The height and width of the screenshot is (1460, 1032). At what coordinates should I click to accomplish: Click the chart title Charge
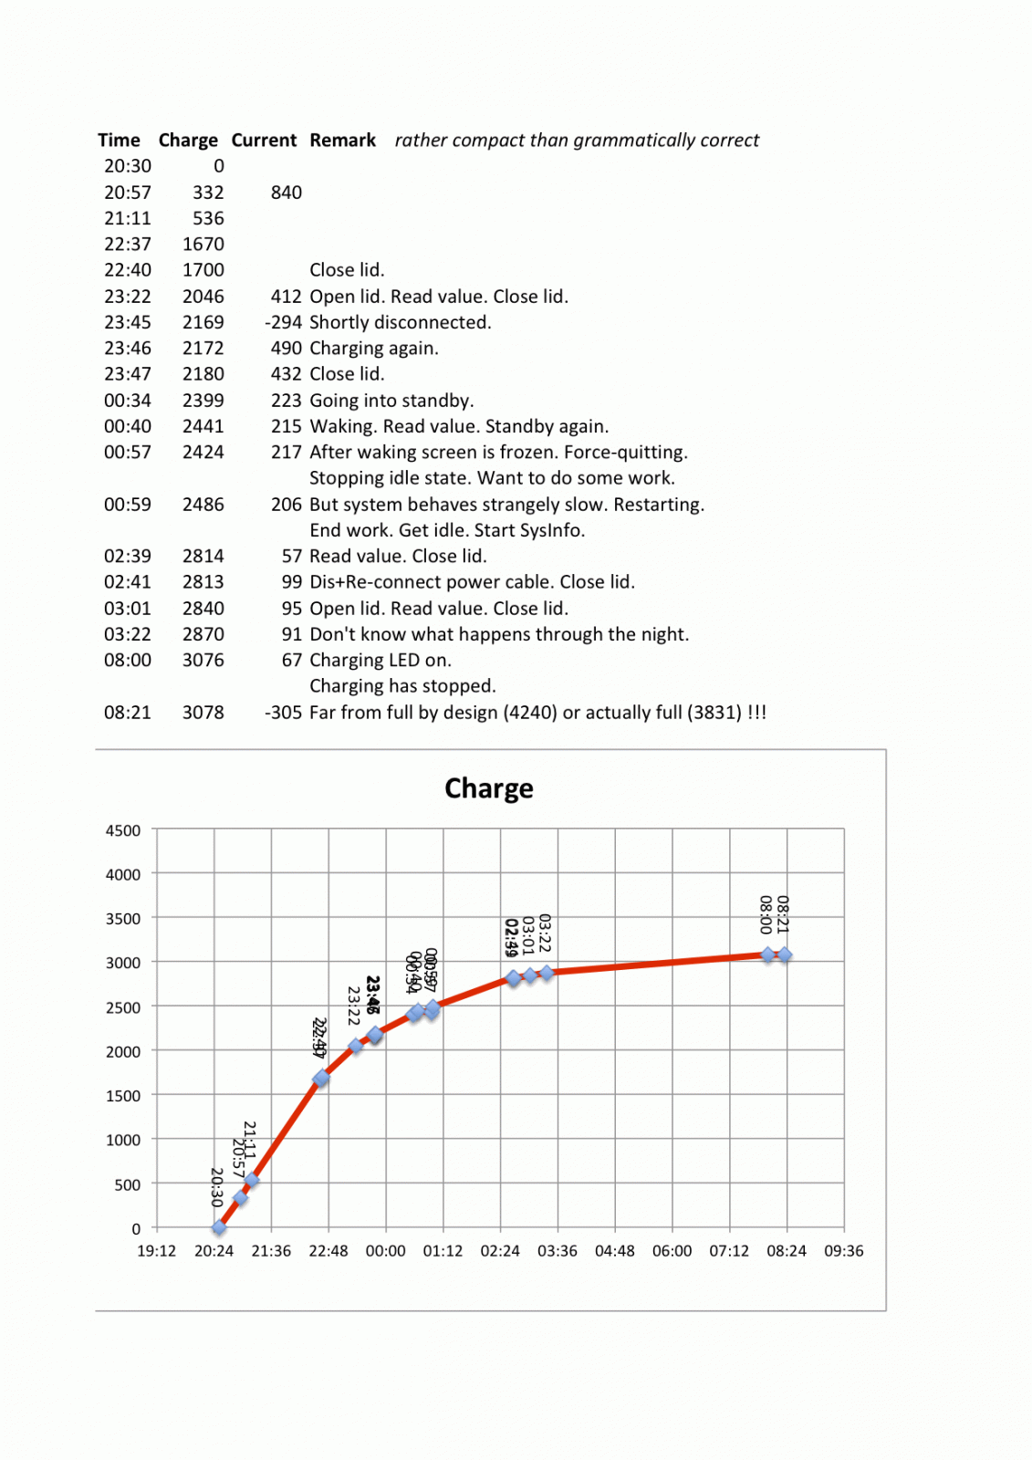[x=488, y=788]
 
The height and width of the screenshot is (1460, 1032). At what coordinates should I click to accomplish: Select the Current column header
[x=264, y=141]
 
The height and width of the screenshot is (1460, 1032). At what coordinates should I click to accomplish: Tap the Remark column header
[x=342, y=141]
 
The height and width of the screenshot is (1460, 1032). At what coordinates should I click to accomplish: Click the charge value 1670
[x=203, y=245]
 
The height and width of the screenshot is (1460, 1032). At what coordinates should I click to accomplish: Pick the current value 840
[x=286, y=193]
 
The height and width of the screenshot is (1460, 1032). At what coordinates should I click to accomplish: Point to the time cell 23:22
[x=127, y=297]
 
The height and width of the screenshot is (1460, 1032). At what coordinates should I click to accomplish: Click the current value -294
[x=283, y=323]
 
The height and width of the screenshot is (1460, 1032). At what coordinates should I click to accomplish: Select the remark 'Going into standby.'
[x=391, y=401]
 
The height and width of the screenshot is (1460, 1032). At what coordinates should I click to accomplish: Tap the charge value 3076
[x=203, y=661]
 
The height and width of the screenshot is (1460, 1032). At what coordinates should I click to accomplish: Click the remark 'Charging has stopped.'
[x=402, y=686]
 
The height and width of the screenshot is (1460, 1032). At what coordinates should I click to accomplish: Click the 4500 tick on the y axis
[x=123, y=831]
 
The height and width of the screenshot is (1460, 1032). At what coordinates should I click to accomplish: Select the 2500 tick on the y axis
[x=123, y=1008]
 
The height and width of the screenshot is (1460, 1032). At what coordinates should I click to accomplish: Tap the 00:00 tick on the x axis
[x=385, y=1251]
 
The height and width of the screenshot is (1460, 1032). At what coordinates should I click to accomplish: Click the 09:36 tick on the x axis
[x=843, y=1251]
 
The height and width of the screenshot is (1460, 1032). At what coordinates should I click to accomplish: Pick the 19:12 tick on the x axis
[x=156, y=1251]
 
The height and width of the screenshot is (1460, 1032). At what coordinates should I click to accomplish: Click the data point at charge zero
[x=219, y=1227]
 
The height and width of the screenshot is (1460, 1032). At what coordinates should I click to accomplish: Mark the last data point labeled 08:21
[x=785, y=955]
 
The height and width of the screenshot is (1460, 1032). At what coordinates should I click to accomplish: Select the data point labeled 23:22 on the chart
[x=356, y=1046]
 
